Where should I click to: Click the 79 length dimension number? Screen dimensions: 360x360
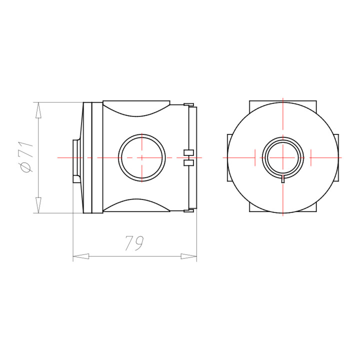135,243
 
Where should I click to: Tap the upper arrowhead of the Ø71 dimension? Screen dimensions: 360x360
38,110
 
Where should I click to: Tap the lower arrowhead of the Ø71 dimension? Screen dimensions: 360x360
38,205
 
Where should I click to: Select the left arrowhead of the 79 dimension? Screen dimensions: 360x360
81,256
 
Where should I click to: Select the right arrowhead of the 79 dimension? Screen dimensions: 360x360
188,256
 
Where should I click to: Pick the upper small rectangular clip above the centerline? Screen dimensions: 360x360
188,152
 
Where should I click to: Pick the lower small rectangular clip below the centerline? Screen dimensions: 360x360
188,163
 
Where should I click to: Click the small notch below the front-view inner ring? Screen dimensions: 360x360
283,178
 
